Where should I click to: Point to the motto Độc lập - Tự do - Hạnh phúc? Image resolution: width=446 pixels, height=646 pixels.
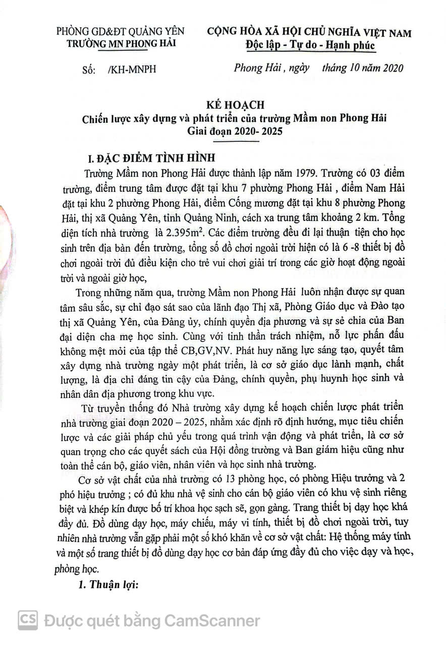pyautogui.click(x=310, y=45)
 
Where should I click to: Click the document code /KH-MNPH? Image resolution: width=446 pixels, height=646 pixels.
pyautogui.click(x=132, y=70)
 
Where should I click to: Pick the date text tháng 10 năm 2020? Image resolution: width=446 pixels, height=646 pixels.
pyautogui.click(x=363, y=68)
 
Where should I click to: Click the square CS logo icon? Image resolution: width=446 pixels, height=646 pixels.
pyautogui.click(x=28, y=620)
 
